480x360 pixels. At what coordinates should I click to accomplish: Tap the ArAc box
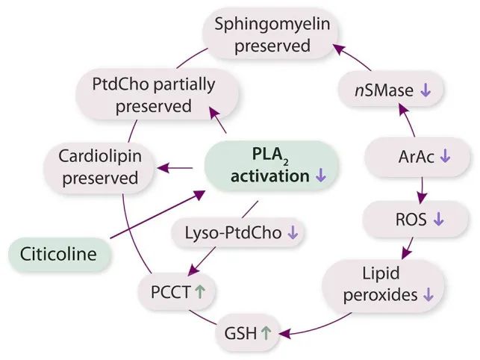[x=422, y=157]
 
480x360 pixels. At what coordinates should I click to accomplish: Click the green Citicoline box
[x=59, y=254]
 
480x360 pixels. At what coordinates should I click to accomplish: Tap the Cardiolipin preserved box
[x=99, y=168]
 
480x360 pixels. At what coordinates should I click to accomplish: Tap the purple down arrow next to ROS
[x=438, y=220]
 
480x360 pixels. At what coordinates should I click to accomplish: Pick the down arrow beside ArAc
[x=446, y=157]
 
